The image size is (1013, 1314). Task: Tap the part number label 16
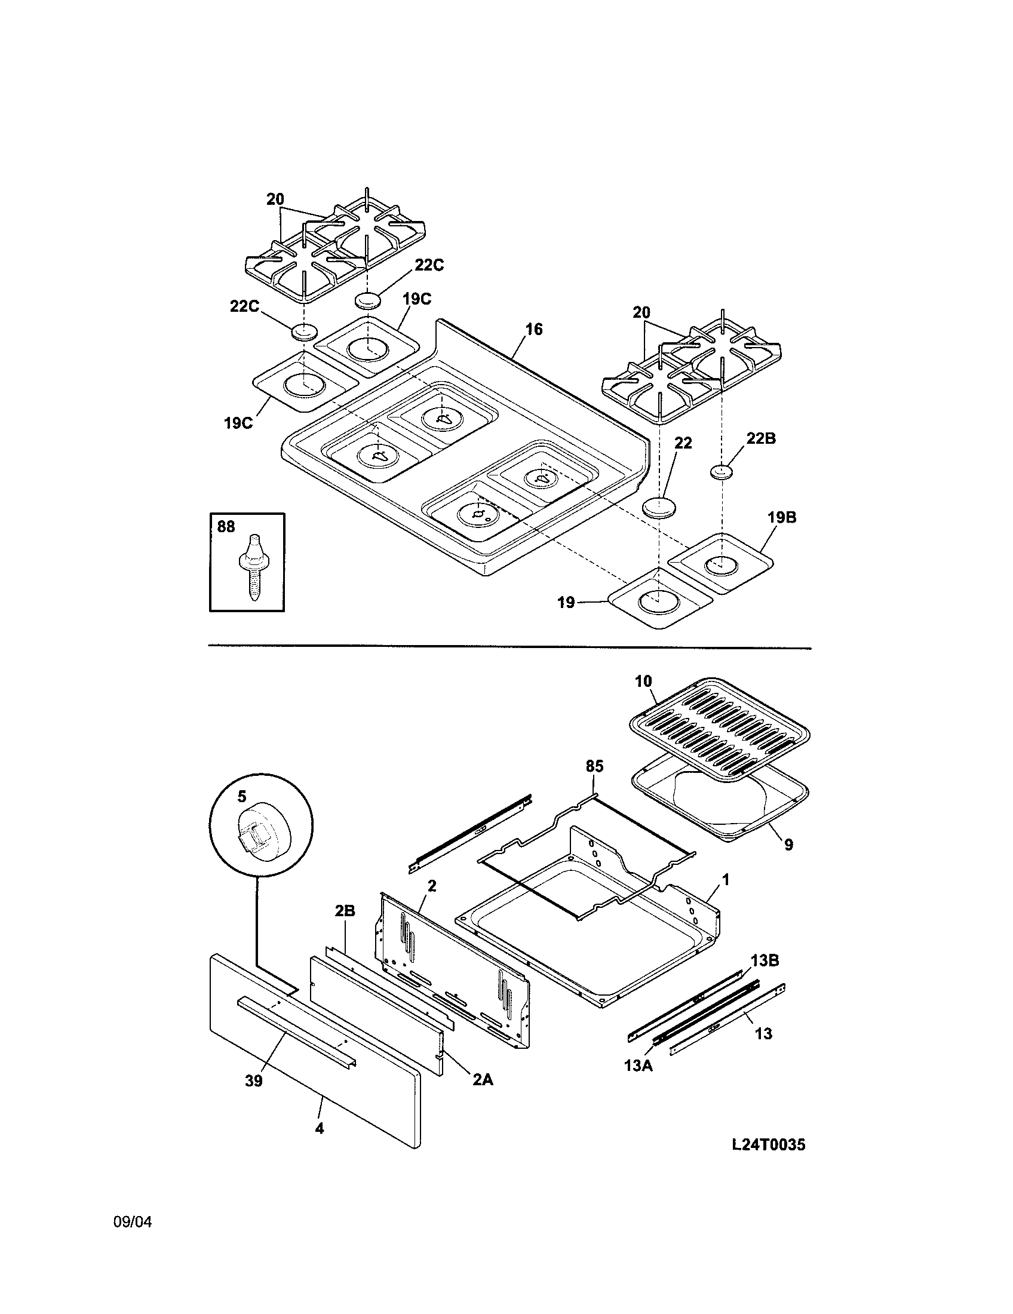point(533,329)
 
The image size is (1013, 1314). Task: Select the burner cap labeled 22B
point(722,472)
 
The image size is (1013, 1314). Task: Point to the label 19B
point(781,517)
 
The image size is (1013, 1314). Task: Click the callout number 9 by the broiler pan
point(788,845)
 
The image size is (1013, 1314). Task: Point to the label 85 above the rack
point(594,766)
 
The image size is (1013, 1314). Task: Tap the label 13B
point(764,961)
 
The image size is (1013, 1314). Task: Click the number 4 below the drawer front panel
point(320,1129)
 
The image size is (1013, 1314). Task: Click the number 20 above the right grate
point(641,312)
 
